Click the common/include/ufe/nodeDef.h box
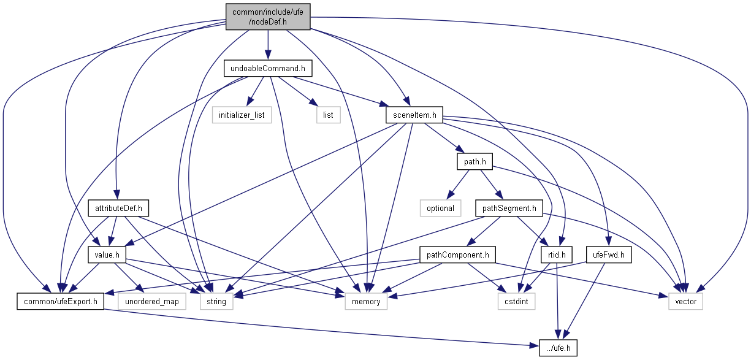tap(268, 17)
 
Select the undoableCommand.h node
tap(268, 69)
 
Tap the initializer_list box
tap(242, 115)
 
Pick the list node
tap(328, 115)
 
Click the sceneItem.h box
tap(414, 115)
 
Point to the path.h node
tap(475, 162)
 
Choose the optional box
tap(440, 209)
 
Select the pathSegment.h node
tap(509, 209)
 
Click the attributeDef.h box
tap(118, 209)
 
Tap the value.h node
tap(107, 255)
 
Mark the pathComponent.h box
tap(457, 255)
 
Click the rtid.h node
tap(557, 255)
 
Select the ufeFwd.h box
tap(609, 255)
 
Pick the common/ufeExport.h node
tap(60, 301)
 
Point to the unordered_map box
tap(152, 301)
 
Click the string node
tap(216, 301)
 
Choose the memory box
tap(366, 301)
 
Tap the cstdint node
tap(516, 301)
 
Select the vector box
tap(685, 301)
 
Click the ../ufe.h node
tap(558, 348)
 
